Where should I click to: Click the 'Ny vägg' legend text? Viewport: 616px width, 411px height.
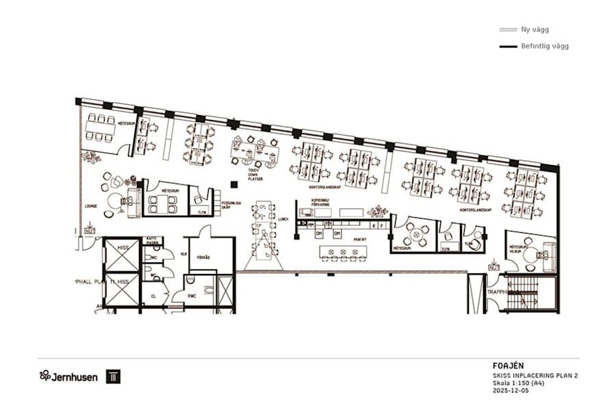(x=535, y=29)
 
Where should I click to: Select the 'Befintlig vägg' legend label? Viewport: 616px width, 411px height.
(x=545, y=47)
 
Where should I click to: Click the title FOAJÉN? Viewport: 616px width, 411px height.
(x=507, y=366)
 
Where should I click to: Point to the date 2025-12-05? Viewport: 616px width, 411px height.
(x=511, y=391)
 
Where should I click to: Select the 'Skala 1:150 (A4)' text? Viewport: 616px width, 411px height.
(x=518, y=383)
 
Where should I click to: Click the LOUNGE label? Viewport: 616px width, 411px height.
(x=91, y=206)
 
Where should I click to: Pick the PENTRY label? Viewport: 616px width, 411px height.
(x=340, y=240)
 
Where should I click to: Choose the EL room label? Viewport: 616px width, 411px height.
(x=154, y=296)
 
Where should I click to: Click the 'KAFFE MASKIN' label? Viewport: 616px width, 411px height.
(x=152, y=240)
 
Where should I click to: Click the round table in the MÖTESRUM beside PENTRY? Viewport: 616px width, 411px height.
(x=413, y=235)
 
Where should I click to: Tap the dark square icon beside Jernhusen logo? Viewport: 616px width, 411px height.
(x=113, y=376)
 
